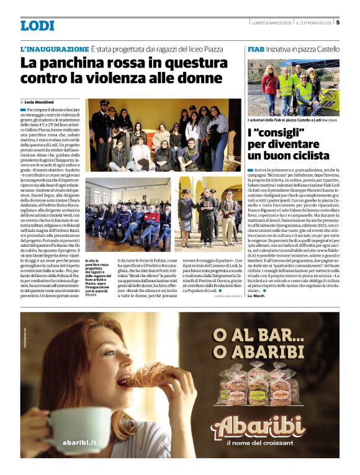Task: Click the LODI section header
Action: coord(37,25)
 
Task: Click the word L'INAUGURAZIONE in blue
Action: coord(55,48)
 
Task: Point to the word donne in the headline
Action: coord(200,79)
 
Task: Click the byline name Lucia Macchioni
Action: coord(39,102)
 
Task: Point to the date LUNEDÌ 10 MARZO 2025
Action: coord(266,23)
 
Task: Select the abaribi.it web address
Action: coord(79,443)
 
